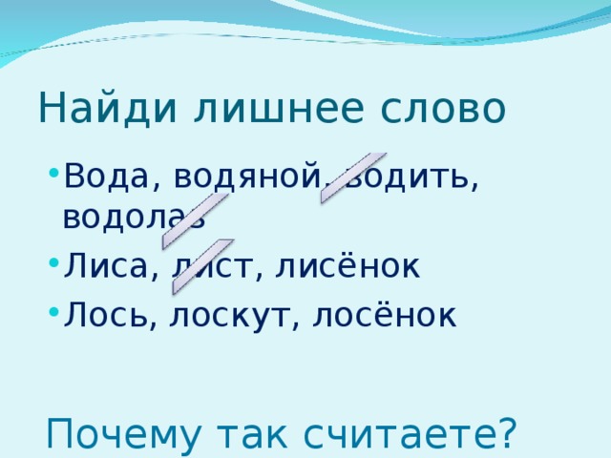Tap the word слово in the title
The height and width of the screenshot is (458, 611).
coord(445,109)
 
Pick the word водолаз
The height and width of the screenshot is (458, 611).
coord(134,217)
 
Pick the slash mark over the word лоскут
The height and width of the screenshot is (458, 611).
coord(202,266)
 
